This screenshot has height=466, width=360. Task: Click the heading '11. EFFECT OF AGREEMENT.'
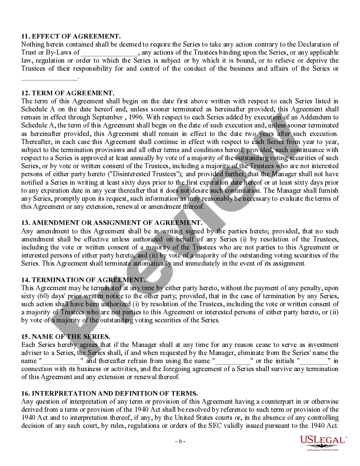click(71, 36)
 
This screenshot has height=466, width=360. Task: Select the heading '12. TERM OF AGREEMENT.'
click(67, 93)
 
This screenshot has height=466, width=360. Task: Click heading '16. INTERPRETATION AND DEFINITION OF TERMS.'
click(109, 394)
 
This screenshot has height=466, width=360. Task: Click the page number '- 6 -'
click(180, 441)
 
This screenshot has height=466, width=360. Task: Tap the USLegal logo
click(323, 443)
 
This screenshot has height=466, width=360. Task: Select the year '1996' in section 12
click(135, 117)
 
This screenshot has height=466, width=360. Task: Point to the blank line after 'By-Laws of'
click(110, 53)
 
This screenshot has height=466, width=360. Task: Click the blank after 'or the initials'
click(314, 361)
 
